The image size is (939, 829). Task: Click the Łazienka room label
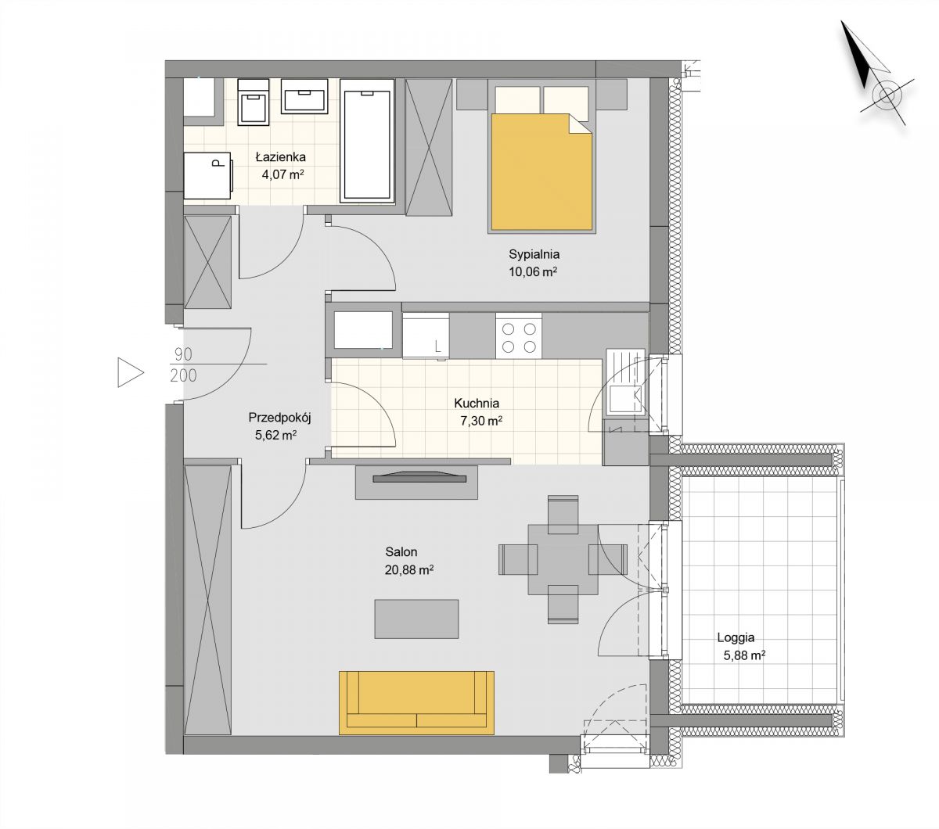(280, 156)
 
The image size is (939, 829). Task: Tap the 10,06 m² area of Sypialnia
(533, 271)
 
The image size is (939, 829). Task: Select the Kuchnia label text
(477, 403)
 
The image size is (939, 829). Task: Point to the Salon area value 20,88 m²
(408, 569)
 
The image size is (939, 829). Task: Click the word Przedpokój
(279, 418)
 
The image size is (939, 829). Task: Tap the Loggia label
(736, 637)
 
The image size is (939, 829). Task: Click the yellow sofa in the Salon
(416, 702)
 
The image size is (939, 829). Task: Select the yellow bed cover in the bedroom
(541, 172)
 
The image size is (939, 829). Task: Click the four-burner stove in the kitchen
(519, 337)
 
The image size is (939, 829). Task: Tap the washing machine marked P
(207, 176)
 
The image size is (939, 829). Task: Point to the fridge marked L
(426, 336)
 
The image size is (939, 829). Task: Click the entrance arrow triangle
(131, 372)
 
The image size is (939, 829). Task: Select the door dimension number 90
(184, 354)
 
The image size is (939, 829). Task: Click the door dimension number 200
(183, 375)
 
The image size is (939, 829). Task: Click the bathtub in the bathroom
(367, 141)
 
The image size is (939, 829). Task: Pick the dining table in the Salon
(563, 559)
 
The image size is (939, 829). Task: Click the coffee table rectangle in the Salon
(416, 619)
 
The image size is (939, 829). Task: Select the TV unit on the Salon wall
(416, 482)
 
